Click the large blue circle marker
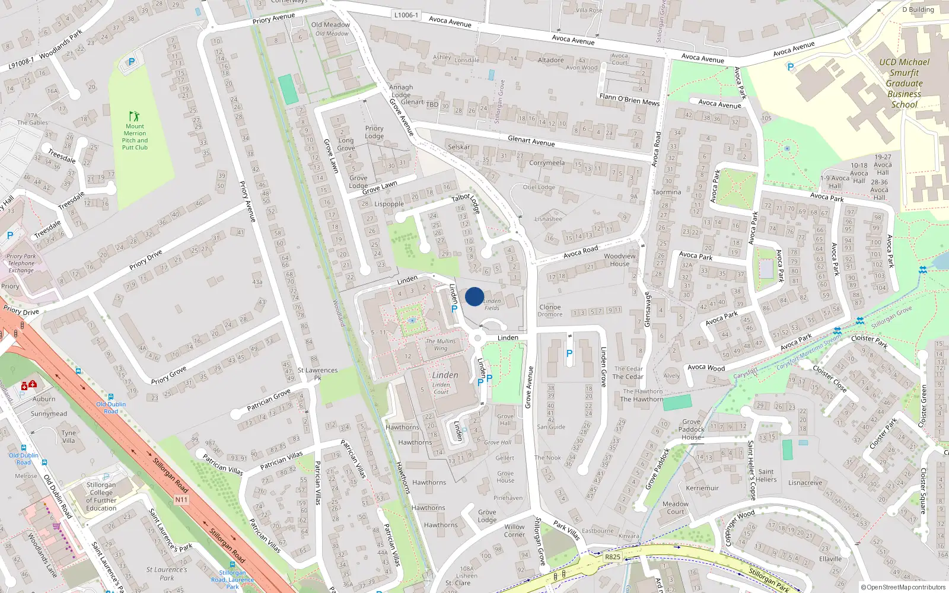pos(474,296)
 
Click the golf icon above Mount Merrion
pos(135,116)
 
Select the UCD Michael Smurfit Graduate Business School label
pos(904,83)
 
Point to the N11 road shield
pos(181,500)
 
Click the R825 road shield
pos(613,557)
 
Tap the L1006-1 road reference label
pos(406,15)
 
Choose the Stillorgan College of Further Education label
pos(101,496)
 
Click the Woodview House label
pos(620,260)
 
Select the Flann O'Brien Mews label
pos(629,99)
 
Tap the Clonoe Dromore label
pos(550,311)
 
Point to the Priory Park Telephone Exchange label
pos(21,263)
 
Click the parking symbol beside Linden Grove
pos(569,353)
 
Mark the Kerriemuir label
pos(702,488)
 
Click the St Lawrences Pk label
pos(318,374)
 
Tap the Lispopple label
pos(389,204)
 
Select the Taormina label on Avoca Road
pos(667,192)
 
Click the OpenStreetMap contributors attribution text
pos(903,587)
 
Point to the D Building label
pos(918,9)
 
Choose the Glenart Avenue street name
pos(531,141)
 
